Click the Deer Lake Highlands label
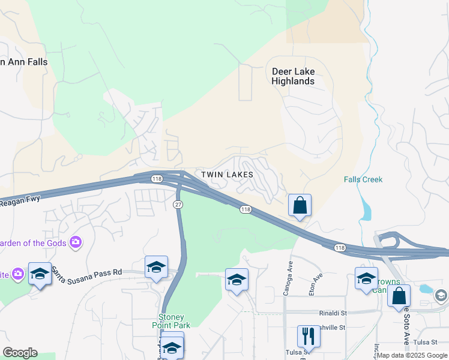(x=293, y=76)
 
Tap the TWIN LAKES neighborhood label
(x=227, y=174)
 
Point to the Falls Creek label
(x=363, y=179)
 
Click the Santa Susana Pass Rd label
(x=86, y=271)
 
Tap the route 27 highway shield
(x=178, y=205)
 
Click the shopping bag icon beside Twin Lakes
(x=300, y=206)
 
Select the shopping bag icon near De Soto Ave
(x=399, y=296)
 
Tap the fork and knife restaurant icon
(x=309, y=336)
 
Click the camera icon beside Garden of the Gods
(x=76, y=242)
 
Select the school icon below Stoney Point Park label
(x=172, y=346)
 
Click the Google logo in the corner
(x=20, y=353)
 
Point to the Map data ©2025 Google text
(x=412, y=355)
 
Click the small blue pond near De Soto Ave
(x=426, y=289)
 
